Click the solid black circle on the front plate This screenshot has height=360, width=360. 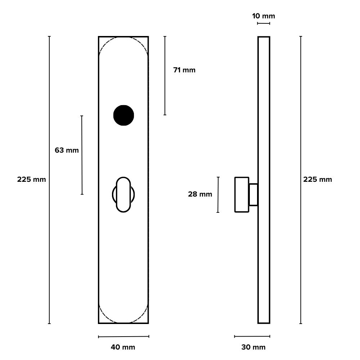(123, 115)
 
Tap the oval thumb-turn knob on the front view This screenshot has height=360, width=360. (123, 194)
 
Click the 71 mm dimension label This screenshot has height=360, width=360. (184, 70)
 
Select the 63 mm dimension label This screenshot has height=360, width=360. (67, 150)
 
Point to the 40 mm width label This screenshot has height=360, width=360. (123, 347)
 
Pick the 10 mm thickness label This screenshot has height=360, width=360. (263, 16)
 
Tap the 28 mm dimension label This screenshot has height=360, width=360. (200, 194)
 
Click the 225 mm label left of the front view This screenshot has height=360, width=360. (32, 179)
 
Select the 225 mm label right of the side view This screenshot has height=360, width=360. (318, 179)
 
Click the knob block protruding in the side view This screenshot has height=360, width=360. (242, 194)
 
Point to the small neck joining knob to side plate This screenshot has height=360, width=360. (253, 195)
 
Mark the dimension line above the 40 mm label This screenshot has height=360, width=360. (123, 337)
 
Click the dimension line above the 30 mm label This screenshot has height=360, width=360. (252, 337)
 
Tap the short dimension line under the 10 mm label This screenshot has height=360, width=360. (264, 24)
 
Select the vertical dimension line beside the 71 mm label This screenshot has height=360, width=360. (165, 76)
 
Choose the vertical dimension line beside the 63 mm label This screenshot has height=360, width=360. (82, 155)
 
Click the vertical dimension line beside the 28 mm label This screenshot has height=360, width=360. (218, 194)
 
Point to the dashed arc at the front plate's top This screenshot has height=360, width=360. (123, 37)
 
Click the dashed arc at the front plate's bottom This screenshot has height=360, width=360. (123, 322)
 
